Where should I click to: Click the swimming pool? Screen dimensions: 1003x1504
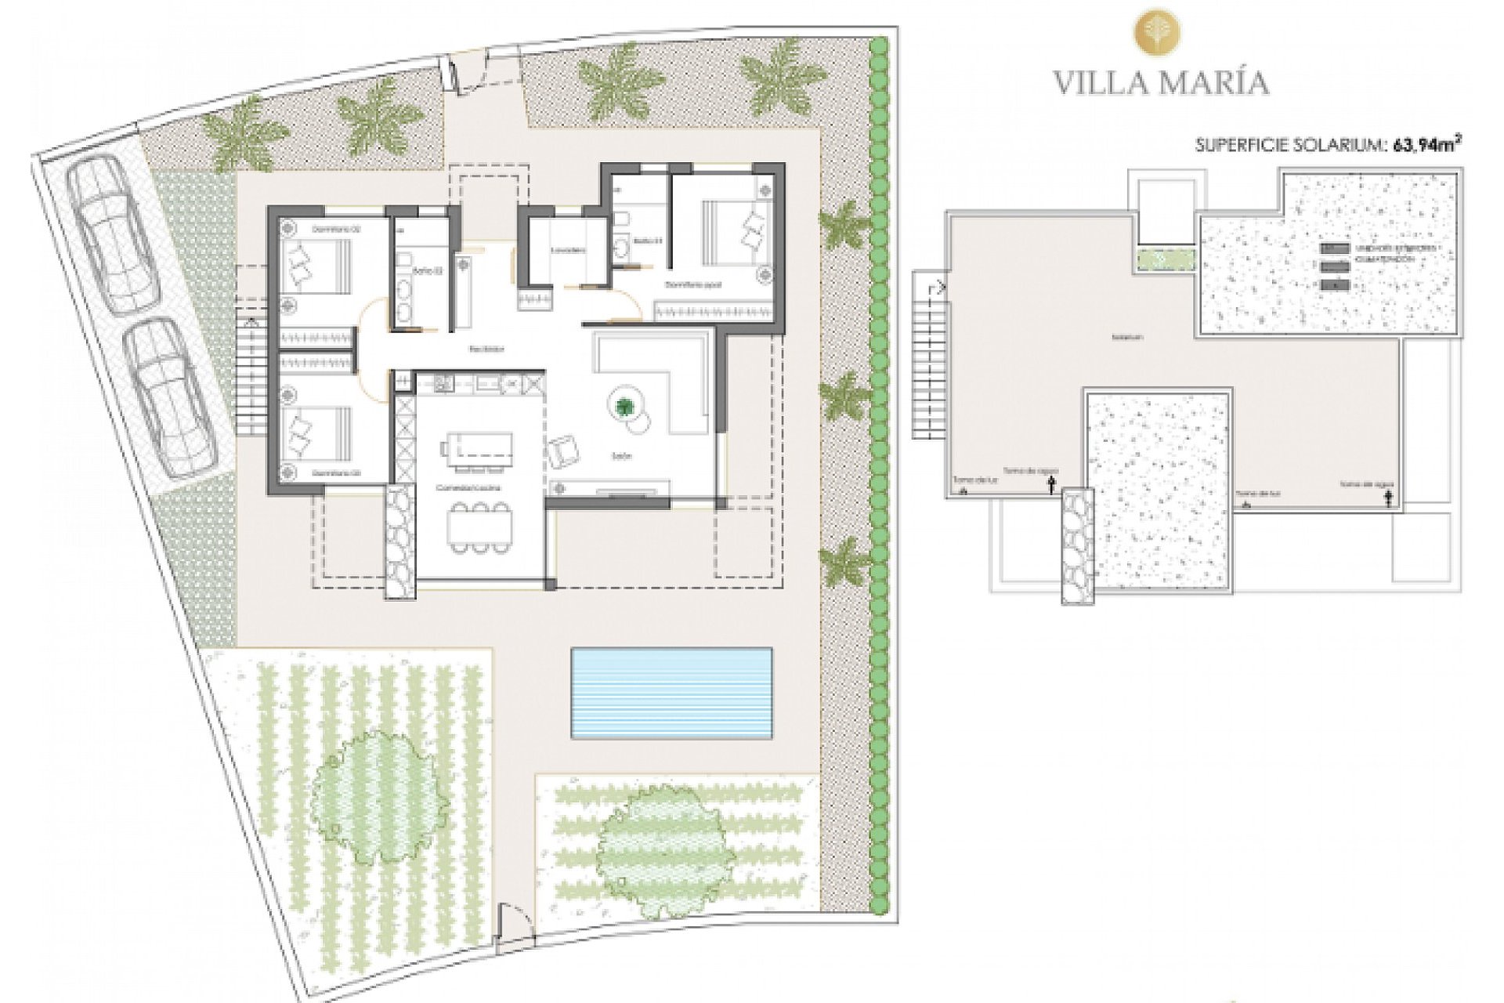pyautogui.click(x=671, y=693)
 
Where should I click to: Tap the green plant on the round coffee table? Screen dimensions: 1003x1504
pyautogui.click(x=625, y=406)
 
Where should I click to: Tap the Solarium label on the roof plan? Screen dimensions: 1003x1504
pyautogui.click(x=1126, y=337)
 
